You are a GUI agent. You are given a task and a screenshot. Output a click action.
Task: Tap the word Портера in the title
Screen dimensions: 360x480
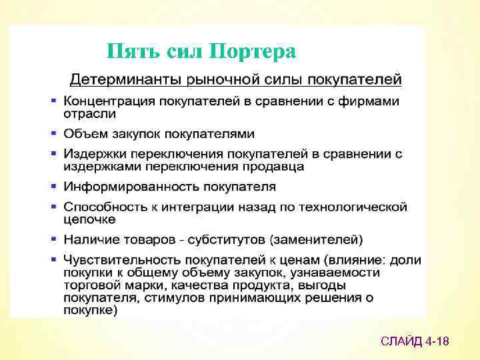coord(253,51)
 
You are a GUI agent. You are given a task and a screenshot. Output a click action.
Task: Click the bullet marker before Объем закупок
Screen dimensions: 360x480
coord(53,133)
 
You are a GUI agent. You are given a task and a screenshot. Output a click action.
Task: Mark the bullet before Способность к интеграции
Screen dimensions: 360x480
coord(53,207)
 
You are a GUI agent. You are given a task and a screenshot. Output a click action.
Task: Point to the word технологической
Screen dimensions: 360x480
coord(358,207)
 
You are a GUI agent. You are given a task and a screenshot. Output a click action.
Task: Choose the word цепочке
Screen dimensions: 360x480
coord(89,219)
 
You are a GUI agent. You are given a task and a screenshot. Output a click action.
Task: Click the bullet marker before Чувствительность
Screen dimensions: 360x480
coord(53,259)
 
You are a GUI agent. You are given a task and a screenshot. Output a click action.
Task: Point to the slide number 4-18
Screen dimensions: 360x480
coord(438,341)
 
